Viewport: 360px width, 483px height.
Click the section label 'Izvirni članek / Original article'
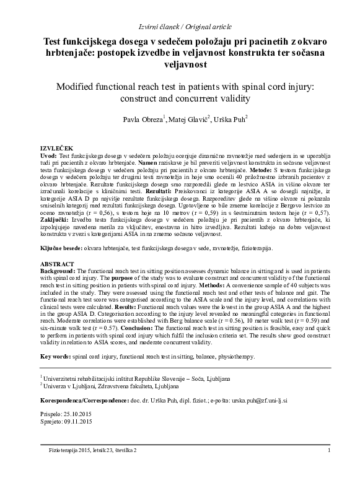click(180, 26)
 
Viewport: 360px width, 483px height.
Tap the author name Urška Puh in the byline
click(231, 118)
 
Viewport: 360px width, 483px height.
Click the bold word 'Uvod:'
click(49, 156)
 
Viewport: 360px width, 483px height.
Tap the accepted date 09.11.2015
click(78, 421)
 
